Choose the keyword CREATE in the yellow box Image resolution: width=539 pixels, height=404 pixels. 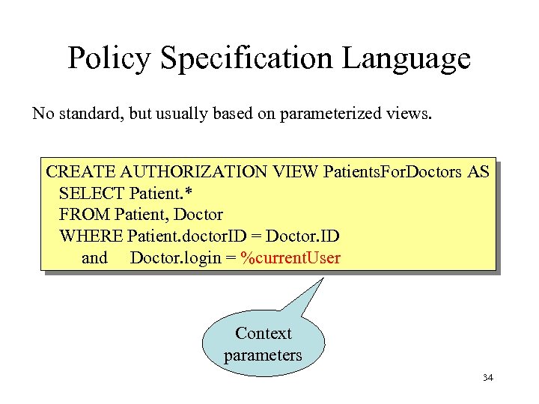tap(73, 171)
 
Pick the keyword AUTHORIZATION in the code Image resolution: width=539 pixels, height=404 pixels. tap(183, 171)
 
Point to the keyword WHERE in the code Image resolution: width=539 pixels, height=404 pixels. tap(91, 236)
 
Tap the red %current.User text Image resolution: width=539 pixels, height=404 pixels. tap(290, 259)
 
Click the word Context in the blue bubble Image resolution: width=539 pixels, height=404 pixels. tap(263, 333)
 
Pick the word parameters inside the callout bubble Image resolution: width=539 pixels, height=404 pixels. tap(263, 355)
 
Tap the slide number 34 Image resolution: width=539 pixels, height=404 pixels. tap(488, 378)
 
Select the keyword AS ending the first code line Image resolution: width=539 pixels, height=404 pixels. tap(478, 171)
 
